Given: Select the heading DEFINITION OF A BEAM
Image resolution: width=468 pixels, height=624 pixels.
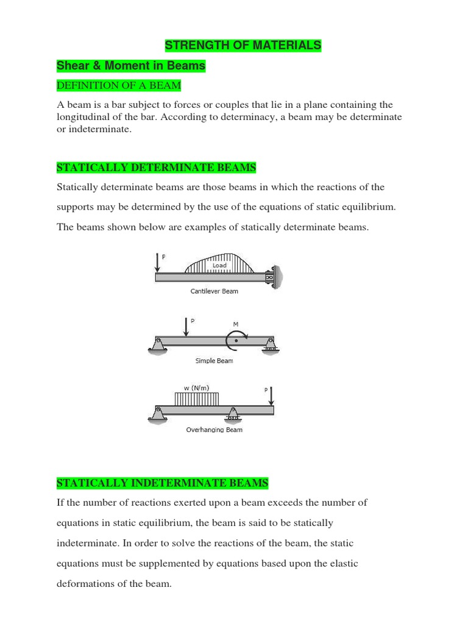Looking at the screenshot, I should click(118, 85).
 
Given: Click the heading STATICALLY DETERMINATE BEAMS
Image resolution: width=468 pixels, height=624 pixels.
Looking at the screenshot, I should click(156, 167).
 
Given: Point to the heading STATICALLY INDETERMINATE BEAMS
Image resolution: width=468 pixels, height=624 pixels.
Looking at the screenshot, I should click(162, 483).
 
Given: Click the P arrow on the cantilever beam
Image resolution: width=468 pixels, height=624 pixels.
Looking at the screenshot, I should click(157, 263).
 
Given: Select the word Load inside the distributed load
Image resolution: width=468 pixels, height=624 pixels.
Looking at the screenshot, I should click(219, 266).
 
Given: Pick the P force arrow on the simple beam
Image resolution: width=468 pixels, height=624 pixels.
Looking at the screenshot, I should click(186, 326).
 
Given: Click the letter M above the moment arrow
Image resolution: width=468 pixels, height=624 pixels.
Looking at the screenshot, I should click(235, 324).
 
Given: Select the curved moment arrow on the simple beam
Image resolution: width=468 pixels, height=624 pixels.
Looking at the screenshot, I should click(235, 340).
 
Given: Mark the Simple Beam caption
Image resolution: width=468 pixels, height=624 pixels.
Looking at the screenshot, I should click(214, 361).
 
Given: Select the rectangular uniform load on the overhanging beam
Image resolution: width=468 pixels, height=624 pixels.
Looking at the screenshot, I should click(196, 399).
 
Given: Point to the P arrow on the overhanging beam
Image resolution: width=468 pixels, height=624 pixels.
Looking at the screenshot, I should click(271, 395).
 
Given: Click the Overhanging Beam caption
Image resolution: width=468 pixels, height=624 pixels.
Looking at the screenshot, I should click(214, 430).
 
